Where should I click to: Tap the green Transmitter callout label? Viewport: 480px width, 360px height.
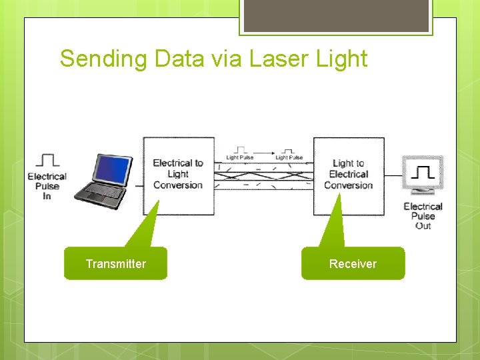pos(115,263)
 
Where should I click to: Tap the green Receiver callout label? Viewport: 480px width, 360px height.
pos(353,263)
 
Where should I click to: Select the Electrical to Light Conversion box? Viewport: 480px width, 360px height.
pos(179,175)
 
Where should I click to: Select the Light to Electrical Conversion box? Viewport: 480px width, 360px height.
pos(349,175)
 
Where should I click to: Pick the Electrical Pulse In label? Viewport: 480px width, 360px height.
pos(47,186)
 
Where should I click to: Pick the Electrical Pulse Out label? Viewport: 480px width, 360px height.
pos(423,216)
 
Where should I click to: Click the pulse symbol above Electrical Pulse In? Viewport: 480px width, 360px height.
pos(47,160)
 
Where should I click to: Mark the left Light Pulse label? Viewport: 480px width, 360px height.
pos(240,158)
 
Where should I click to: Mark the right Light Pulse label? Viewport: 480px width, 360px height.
pos(289,158)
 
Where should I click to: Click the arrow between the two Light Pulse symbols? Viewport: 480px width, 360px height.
pos(265,151)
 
